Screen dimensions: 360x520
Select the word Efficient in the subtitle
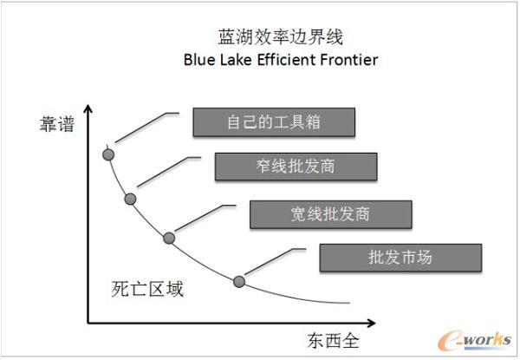click(287, 61)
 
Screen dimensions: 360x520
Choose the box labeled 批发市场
click(400, 258)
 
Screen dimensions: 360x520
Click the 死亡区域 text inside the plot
click(147, 288)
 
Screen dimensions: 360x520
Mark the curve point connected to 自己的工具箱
click(108, 154)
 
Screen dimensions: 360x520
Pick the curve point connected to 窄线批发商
click(130, 200)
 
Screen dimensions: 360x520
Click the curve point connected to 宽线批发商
click(169, 238)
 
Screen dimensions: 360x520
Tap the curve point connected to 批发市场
click(240, 280)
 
